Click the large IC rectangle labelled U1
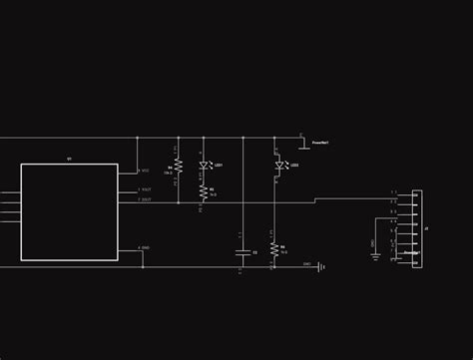pyautogui.click(x=69, y=211)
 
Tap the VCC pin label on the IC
pyautogui.click(x=146, y=171)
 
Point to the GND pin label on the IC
pyautogui.click(x=146, y=247)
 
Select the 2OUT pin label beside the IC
pyautogui.click(x=146, y=199)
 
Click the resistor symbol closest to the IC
pyautogui.click(x=178, y=169)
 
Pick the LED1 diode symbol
pyautogui.click(x=204, y=165)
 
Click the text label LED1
pyautogui.click(x=218, y=165)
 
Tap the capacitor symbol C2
pyautogui.click(x=242, y=252)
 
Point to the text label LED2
pyautogui.click(x=293, y=165)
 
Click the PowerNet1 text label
pyautogui.click(x=320, y=144)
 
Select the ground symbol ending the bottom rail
pyautogui.click(x=320, y=267)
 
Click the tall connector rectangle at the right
pyautogui.click(x=417, y=229)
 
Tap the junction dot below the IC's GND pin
pyautogui.click(x=143, y=267)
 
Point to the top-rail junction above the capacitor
pyautogui.click(x=242, y=138)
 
